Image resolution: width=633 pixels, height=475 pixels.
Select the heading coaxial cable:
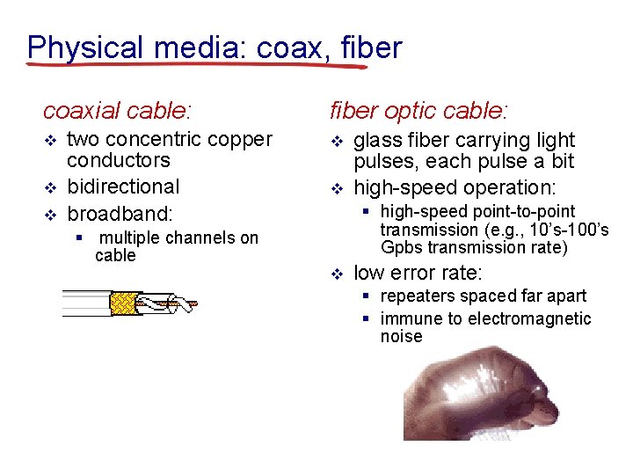click(118, 111)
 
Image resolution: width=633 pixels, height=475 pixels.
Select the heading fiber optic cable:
click(418, 111)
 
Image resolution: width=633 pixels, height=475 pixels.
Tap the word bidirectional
click(123, 186)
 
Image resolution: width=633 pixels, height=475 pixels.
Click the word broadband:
click(120, 213)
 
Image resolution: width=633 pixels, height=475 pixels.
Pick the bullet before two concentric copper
click(50, 141)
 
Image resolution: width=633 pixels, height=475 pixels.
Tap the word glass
click(378, 141)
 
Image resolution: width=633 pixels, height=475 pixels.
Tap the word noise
click(401, 337)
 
